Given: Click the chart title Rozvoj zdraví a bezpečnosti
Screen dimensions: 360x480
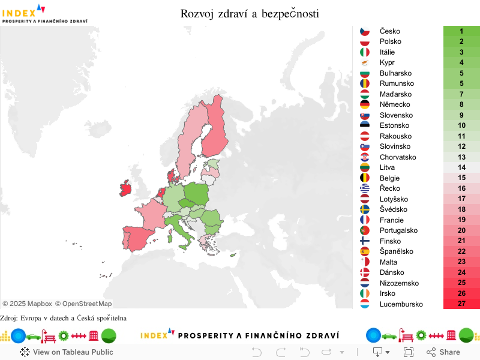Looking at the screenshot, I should tap(250, 13).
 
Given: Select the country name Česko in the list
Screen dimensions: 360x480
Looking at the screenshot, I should tap(390, 31).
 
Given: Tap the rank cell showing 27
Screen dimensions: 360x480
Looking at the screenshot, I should tap(461, 304).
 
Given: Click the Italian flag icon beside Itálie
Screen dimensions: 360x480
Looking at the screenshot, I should tap(365, 52).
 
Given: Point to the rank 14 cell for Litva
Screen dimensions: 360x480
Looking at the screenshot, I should tap(461, 167).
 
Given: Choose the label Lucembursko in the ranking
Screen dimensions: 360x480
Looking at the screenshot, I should tap(401, 304).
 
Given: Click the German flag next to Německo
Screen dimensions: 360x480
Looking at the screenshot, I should tap(365, 104).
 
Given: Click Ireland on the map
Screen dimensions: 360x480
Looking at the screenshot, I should tap(126, 188).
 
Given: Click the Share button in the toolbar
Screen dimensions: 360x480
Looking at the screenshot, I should tap(443, 352).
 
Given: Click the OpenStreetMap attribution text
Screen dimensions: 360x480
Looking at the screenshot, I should tap(83, 304).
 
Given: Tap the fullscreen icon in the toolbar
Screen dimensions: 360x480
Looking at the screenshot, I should tap(409, 352).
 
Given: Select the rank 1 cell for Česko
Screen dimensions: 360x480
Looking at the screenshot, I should tap(461, 31).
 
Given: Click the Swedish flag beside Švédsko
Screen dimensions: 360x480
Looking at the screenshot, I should tap(365, 209).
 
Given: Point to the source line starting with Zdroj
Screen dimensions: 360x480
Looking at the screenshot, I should tap(63, 318).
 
